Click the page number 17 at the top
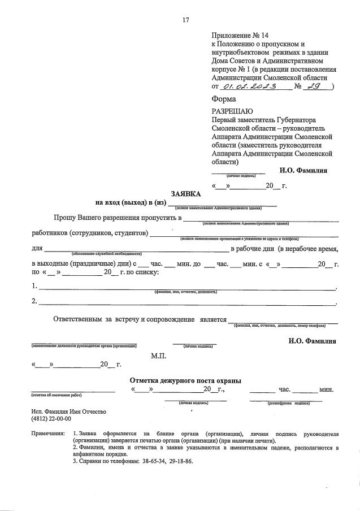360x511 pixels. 185,20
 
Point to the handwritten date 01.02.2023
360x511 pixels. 249,87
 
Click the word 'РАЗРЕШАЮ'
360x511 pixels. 232,111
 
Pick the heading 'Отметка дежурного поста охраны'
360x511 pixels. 186,380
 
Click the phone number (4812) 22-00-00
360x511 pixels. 51,419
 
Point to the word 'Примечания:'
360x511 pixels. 49,434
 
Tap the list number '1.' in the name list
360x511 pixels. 35,285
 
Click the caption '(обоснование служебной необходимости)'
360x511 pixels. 106,254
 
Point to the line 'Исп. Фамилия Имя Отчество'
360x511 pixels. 68,412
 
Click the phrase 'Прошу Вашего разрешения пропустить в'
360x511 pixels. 117,218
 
